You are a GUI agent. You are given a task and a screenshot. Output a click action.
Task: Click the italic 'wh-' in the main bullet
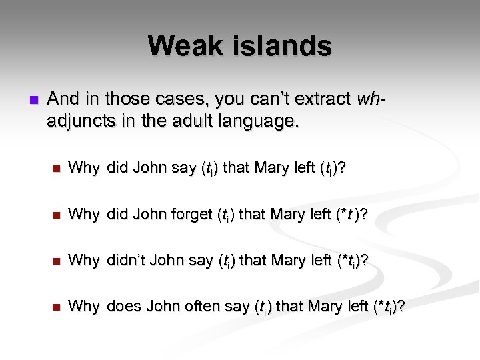coord(371,99)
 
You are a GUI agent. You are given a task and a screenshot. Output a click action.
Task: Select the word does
coord(121,307)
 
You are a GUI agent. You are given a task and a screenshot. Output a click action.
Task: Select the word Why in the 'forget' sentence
coord(82,215)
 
